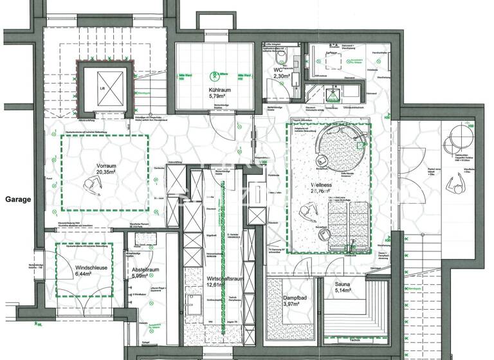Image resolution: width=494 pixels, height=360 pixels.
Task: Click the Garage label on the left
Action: point(18,199)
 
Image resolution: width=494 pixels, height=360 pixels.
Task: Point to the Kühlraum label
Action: point(219,89)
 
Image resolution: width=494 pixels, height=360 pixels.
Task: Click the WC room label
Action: point(279,69)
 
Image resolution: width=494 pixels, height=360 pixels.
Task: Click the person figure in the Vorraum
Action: point(92,187)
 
